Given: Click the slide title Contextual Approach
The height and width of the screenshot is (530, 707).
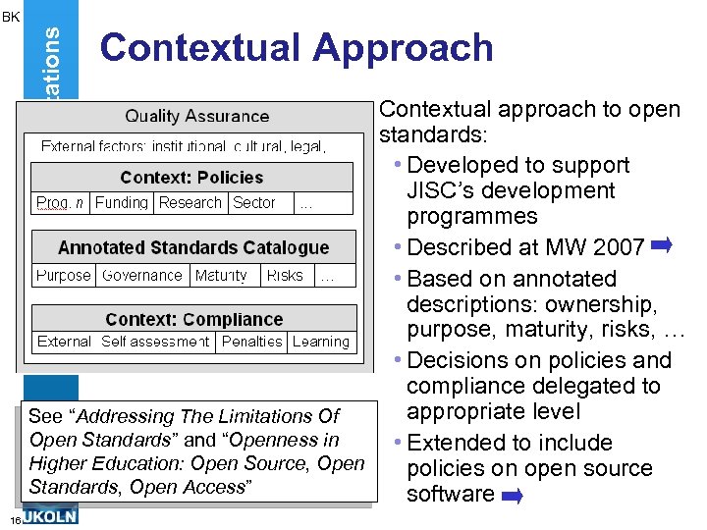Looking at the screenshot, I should pyautogui.click(x=296, y=47).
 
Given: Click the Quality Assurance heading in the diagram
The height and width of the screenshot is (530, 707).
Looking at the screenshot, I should pyautogui.click(x=197, y=116).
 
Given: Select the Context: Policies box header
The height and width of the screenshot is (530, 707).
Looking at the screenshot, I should pyautogui.click(x=191, y=178).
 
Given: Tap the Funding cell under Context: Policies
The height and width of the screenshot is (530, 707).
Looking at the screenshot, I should pyautogui.click(x=122, y=203).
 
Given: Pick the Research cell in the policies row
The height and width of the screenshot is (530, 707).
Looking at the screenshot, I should pyautogui.click(x=190, y=203).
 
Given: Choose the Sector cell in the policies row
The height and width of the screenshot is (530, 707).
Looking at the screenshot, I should pyautogui.click(x=253, y=203).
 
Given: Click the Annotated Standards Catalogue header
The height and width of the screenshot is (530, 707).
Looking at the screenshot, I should pyautogui.click(x=193, y=247).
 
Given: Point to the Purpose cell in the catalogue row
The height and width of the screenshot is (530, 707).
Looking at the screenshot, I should pyautogui.click(x=64, y=276).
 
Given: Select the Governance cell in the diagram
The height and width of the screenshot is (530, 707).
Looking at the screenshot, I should pyautogui.click(x=142, y=276).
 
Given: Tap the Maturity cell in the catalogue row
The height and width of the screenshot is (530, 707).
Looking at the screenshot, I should pyautogui.click(x=221, y=276).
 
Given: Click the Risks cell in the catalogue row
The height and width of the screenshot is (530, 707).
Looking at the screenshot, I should pyautogui.click(x=285, y=276).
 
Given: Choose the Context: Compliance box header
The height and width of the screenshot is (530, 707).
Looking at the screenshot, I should pyautogui.click(x=193, y=319).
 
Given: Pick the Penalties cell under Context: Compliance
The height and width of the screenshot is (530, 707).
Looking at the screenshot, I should pyautogui.click(x=252, y=342).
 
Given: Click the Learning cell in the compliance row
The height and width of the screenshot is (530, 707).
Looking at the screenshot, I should pyautogui.click(x=321, y=342).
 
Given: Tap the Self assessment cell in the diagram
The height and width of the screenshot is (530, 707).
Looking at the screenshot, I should pyautogui.click(x=155, y=342).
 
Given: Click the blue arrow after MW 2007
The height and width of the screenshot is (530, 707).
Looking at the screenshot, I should pyautogui.click(x=660, y=245).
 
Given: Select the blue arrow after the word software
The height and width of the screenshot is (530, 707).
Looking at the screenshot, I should pyautogui.click(x=511, y=497).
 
